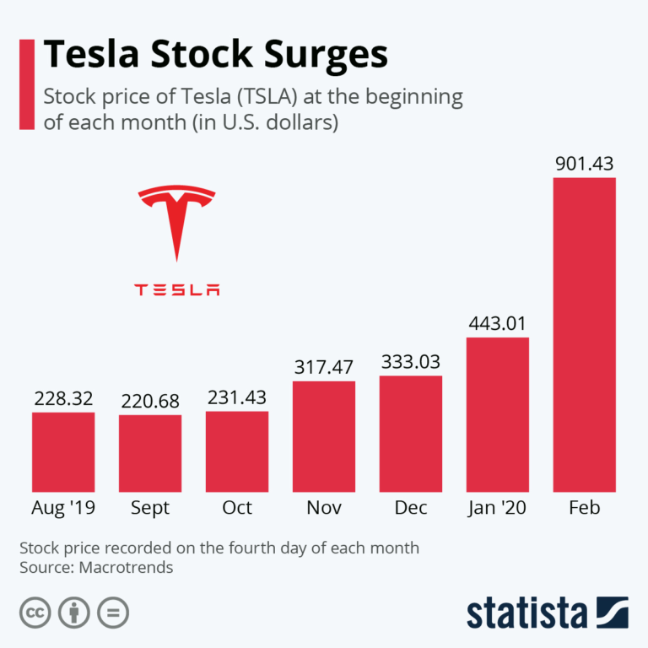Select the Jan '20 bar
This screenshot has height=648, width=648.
(497, 414)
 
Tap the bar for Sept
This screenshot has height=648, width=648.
(150, 453)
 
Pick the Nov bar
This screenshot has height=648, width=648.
(324, 436)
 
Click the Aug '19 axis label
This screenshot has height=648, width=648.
(62, 508)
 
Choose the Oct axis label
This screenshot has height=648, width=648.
(237, 508)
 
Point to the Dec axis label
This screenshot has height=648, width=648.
(411, 508)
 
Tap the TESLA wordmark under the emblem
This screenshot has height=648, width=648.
(176, 289)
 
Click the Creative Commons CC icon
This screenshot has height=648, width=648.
(34, 613)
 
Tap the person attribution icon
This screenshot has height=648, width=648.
(73, 613)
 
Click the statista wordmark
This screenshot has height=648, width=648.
(528, 613)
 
